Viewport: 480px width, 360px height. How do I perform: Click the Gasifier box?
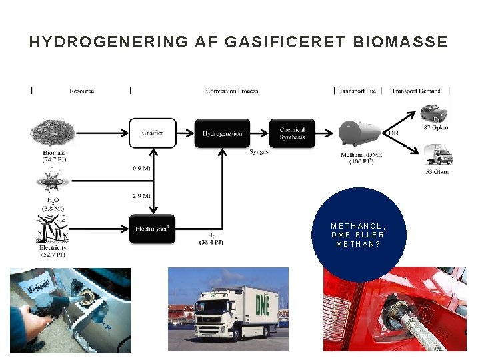[x=152, y=133]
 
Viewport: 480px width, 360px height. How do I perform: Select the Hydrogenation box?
[x=222, y=133]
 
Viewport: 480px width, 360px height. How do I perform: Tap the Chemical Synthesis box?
[x=292, y=133]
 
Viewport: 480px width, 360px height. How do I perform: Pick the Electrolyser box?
[x=152, y=229]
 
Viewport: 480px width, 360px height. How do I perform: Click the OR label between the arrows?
[x=393, y=133]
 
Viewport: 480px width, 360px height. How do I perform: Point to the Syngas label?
[x=259, y=152]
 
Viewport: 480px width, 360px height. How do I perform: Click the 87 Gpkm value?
[x=436, y=128]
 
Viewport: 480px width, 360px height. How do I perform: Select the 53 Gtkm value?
[x=436, y=172]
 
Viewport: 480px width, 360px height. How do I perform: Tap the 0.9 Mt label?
[x=141, y=169]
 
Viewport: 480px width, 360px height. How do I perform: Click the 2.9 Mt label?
[x=141, y=196]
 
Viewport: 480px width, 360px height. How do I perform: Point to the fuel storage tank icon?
[x=361, y=133]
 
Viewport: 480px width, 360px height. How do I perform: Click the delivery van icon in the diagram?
[x=438, y=154]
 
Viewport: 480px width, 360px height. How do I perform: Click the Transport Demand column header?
[x=416, y=91]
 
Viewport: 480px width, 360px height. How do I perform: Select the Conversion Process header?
[x=232, y=91]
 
